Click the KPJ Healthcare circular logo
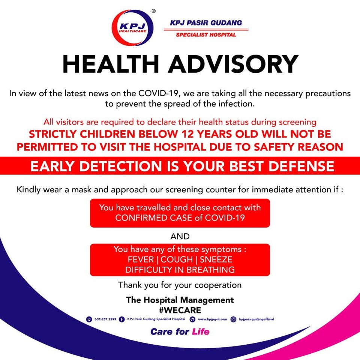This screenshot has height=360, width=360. tap(132, 27)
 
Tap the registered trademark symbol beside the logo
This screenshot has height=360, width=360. tap(154, 11)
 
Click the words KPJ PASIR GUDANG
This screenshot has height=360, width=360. tap(206, 23)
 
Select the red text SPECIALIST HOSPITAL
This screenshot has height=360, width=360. tap(206, 35)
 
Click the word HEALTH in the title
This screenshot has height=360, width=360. tap(111, 64)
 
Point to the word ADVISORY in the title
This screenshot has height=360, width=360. tap(233, 64)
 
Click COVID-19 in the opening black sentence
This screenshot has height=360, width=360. tap(158, 93)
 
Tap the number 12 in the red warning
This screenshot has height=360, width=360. tap(187, 134)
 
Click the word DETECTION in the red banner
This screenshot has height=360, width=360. tap(121, 166)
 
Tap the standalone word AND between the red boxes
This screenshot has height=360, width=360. tap(180, 237)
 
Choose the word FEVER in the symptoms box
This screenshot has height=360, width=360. tap(141, 259)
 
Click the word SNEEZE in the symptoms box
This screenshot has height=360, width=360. tap(216, 259)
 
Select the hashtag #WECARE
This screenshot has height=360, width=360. tap(180, 310)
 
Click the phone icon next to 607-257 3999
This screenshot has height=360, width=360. tap(89, 319)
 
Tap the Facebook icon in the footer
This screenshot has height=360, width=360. tap(121, 319)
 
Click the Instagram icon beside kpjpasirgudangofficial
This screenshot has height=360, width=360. tap(233, 319)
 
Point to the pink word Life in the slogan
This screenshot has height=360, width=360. tap(201, 331)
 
